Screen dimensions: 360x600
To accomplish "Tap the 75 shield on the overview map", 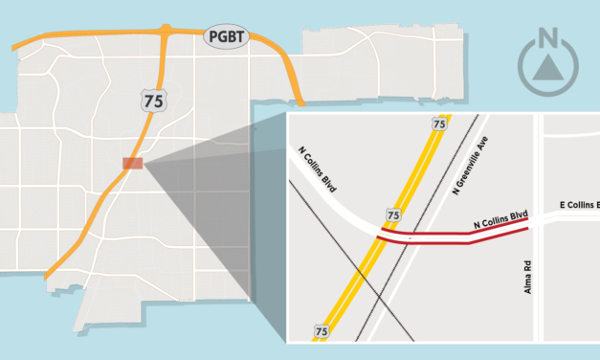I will click(x=150, y=100).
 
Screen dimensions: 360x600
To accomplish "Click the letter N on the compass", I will click(x=548, y=39).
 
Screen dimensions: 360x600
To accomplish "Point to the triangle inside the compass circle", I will click(x=548, y=66).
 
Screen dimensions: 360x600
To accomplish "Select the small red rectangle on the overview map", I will click(x=132, y=163).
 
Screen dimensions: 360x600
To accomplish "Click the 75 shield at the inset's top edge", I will click(x=439, y=124).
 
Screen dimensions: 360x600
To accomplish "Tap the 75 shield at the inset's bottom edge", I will click(x=321, y=331).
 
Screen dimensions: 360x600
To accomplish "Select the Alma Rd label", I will click(x=527, y=276).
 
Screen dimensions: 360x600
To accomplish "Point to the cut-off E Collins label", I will click(x=578, y=205).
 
